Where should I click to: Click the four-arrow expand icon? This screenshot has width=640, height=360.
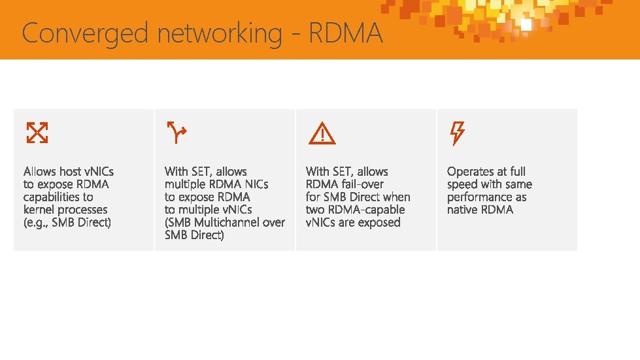click(x=37, y=133)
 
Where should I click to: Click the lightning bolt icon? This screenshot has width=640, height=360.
click(x=457, y=133)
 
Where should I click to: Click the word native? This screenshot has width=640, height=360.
click(x=463, y=210)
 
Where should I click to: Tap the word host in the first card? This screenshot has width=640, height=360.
click(x=71, y=172)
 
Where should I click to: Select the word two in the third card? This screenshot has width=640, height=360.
click(x=315, y=210)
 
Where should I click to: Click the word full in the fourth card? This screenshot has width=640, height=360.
click(x=518, y=172)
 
